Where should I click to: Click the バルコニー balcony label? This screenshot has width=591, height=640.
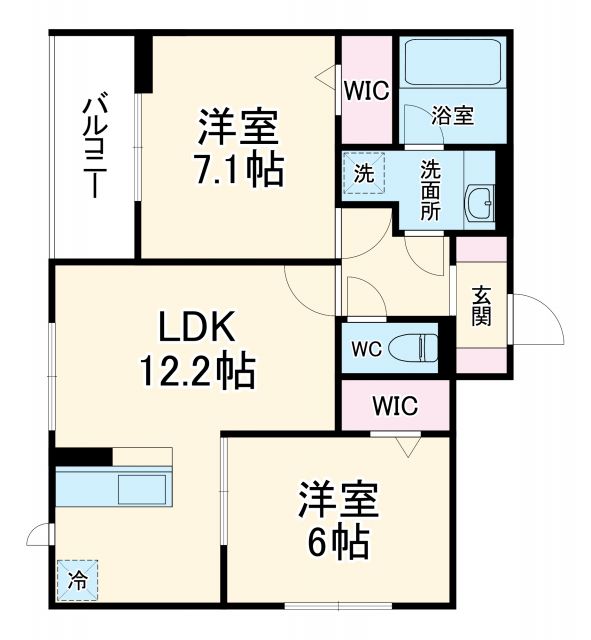coord(97,146)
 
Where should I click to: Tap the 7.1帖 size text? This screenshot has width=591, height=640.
coord(239,169)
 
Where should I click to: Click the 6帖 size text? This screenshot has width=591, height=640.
coord(338,541)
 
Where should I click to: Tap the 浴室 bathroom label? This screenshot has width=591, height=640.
coord(452,116)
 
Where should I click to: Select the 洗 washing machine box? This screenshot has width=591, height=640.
coord(363,172)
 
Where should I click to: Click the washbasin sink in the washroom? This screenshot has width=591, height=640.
coord(481,203)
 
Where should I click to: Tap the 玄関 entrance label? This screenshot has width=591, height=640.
coord(481,304)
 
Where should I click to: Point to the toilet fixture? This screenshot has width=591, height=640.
coord(414,348)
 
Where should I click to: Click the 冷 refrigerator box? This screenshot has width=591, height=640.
coord(76,578)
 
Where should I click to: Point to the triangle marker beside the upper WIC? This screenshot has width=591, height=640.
coord(326,76)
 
